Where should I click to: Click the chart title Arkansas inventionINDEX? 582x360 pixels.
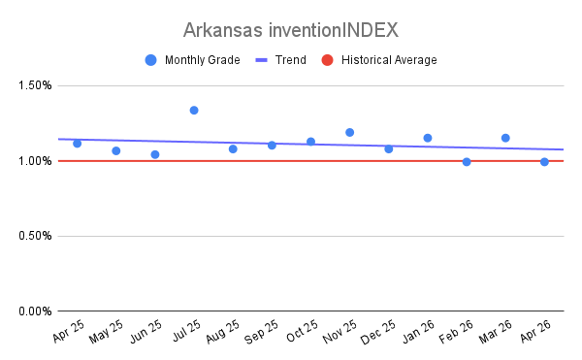[x=291, y=30]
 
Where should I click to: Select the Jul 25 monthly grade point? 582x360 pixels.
[x=194, y=111]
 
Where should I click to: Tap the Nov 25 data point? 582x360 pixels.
[x=349, y=133]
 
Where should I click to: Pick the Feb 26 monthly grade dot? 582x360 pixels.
[x=467, y=162]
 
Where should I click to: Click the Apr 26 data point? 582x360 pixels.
[x=544, y=162]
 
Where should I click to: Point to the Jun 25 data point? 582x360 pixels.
[x=155, y=154]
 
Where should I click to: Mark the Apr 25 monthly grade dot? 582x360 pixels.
[x=78, y=144]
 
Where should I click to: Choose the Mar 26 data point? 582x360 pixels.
[x=505, y=138]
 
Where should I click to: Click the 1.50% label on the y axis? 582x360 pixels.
[x=35, y=85]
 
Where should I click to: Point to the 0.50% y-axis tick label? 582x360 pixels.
[x=35, y=236]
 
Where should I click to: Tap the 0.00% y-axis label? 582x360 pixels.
[x=35, y=311]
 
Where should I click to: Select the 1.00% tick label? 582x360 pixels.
[x=35, y=161]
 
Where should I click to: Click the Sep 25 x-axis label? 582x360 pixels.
[x=261, y=332]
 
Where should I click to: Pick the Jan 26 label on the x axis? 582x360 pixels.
[x=418, y=331]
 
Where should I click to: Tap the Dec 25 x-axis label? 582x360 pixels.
[x=378, y=332]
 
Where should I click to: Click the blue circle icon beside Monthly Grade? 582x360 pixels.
[x=150, y=60]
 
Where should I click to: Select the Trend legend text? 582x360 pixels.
[x=291, y=60]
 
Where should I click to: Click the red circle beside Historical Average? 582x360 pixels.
[x=328, y=60]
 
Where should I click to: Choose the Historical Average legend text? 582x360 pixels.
[x=389, y=60]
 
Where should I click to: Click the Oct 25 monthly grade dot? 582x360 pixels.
[x=310, y=142]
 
